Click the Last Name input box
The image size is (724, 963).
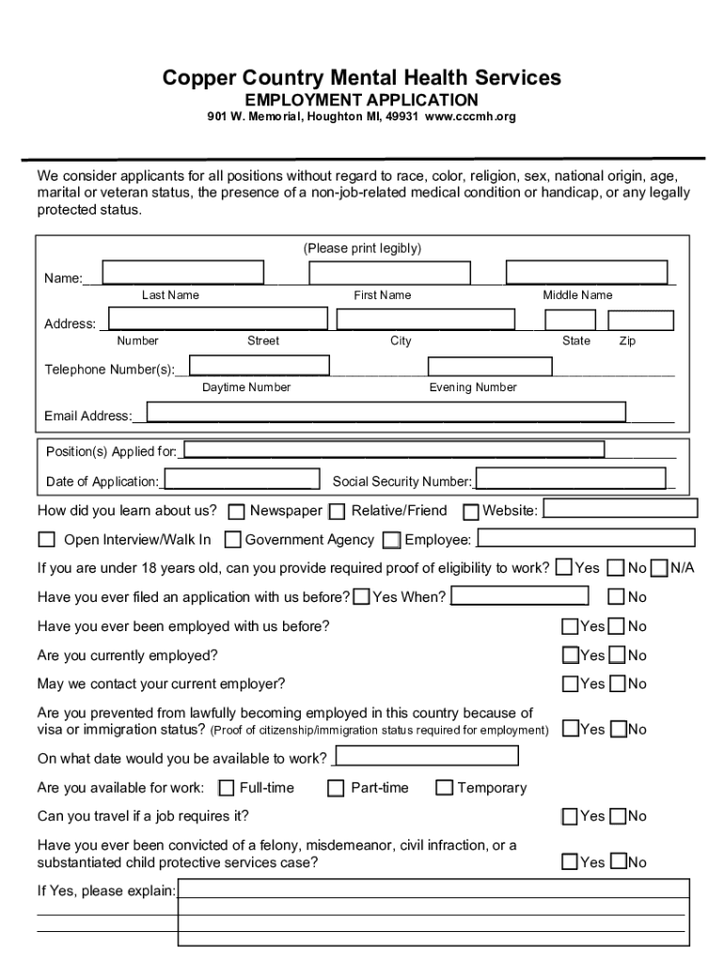pyautogui.click(x=183, y=272)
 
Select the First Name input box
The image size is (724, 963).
pyautogui.click(x=389, y=272)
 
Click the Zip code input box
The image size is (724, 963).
pyautogui.click(x=641, y=320)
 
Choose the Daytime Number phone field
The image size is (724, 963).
pyautogui.click(x=260, y=366)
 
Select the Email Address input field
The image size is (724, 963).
pyautogui.click(x=386, y=412)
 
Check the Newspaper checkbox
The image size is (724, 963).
pyautogui.click(x=236, y=512)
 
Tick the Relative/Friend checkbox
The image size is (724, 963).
pyautogui.click(x=338, y=512)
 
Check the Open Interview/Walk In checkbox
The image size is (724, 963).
pyautogui.click(x=47, y=540)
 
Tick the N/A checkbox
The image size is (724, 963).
pyautogui.click(x=659, y=568)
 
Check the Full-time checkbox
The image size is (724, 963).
pyautogui.click(x=227, y=788)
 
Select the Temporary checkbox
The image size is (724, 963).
pyautogui.click(x=444, y=788)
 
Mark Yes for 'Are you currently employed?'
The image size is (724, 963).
pyautogui.click(x=571, y=655)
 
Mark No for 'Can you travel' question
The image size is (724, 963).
pyautogui.click(x=618, y=816)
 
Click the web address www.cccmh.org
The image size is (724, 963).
pyautogui.click(x=470, y=118)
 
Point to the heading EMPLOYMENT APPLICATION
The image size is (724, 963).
pyautogui.click(x=362, y=100)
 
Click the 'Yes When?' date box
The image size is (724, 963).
pyautogui.click(x=521, y=596)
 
